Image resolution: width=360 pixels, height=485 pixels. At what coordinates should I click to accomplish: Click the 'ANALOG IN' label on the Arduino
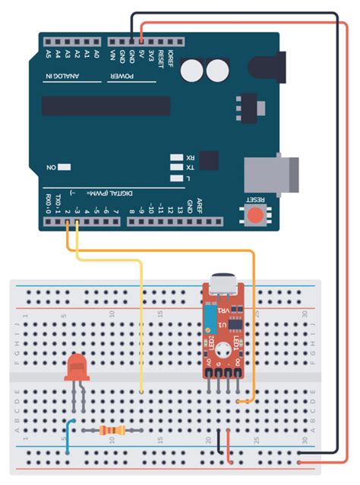pos(71,77)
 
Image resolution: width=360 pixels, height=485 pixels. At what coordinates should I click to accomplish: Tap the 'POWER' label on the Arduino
pos(122,77)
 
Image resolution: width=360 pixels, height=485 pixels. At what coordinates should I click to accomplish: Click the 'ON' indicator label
pos(52,166)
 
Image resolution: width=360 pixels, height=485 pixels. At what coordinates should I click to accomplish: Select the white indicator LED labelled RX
pos(178,157)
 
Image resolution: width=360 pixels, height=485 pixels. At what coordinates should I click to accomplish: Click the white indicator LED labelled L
pos(178,178)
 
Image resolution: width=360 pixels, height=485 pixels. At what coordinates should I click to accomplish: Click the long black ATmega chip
pos(106,106)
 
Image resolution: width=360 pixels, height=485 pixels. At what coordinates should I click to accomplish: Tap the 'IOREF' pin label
pos(171,56)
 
